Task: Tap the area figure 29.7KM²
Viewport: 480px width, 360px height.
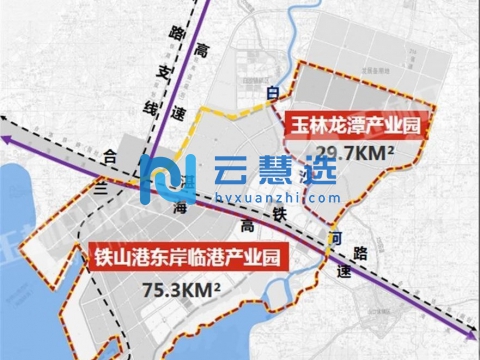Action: pyautogui.click(x=354, y=152)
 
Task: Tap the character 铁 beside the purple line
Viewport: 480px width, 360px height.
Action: pyautogui.click(x=280, y=213)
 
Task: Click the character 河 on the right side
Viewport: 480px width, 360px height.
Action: pyautogui.click(x=332, y=238)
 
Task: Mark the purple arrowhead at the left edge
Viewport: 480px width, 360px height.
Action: pyautogui.click(x=8, y=146)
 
